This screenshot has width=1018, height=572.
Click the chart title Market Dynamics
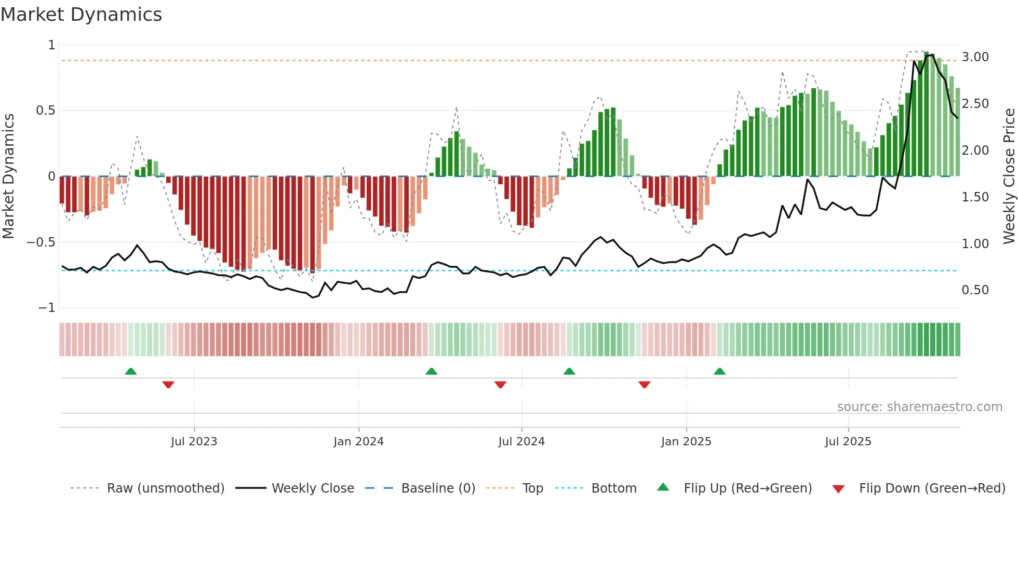pyautogui.click(x=81, y=15)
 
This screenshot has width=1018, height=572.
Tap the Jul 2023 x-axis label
pyautogui.click(x=194, y=442)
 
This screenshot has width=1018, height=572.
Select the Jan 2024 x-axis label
pyautogui.click(x=358, y=442)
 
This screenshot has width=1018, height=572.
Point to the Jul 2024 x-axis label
pyautogui.click(x=521, y=442)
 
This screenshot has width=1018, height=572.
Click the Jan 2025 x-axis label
pyautogui.click(x=686, y=442)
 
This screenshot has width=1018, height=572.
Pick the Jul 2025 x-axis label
pyautogui.click(x=848, y=442)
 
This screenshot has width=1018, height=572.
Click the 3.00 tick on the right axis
pyautogui.click(x=975, y=57)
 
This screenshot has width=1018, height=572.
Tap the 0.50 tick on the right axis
pyautogui.click(x=975, y=290)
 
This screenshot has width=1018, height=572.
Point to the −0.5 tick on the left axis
pyautogui.click(x=41, y=242)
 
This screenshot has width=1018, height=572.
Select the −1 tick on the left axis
pyautogui.click(x=46, y=308)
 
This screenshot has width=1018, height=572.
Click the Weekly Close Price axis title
pyautogui.click(x=1009, y=176)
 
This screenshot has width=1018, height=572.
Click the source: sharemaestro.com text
pyautogui.click(x=919, y=407)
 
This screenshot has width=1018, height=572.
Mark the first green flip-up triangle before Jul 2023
pyautogui.click(x=131, y=372)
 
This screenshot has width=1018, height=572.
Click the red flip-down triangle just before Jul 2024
pyautogui.click(x=500, y=385)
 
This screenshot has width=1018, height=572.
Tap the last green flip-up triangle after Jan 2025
pyautogui.click(x=719, y=372)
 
